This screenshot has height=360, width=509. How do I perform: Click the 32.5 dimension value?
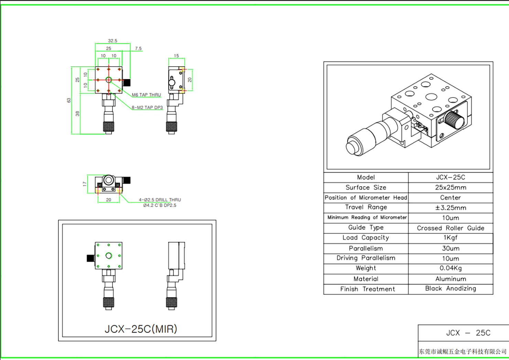coord(112,41)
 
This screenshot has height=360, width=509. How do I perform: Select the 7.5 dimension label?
coord(138,48)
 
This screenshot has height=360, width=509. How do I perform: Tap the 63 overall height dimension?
coord(69,100)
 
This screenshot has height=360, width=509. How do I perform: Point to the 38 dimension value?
coord(77,113)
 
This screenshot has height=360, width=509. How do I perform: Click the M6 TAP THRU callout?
coord(146,95)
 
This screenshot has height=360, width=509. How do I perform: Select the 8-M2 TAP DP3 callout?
coord(147,108)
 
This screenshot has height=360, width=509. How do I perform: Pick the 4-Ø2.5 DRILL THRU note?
coord(160,200)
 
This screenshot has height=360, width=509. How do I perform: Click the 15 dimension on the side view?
coord(176,56)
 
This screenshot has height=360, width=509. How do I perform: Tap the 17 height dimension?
coord(85,184)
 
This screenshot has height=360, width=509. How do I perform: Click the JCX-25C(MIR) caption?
coord(141,329)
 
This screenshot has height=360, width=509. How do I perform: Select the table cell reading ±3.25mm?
coord(451,208)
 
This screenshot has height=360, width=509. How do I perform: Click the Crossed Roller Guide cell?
coord(451,228)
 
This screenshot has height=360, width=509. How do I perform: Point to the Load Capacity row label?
coord(366,238)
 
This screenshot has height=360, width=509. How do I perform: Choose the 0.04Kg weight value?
coord(451,268)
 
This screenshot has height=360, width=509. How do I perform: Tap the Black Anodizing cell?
coord(451,288)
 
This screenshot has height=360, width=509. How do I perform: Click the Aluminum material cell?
coord(451,279)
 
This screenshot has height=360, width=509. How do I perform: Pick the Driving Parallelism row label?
coord(366,258)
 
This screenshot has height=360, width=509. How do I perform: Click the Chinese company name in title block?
coord(463,351)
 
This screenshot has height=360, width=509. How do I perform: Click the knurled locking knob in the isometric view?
coord(454,120)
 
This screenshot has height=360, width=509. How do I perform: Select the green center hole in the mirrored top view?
coord(109,255)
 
